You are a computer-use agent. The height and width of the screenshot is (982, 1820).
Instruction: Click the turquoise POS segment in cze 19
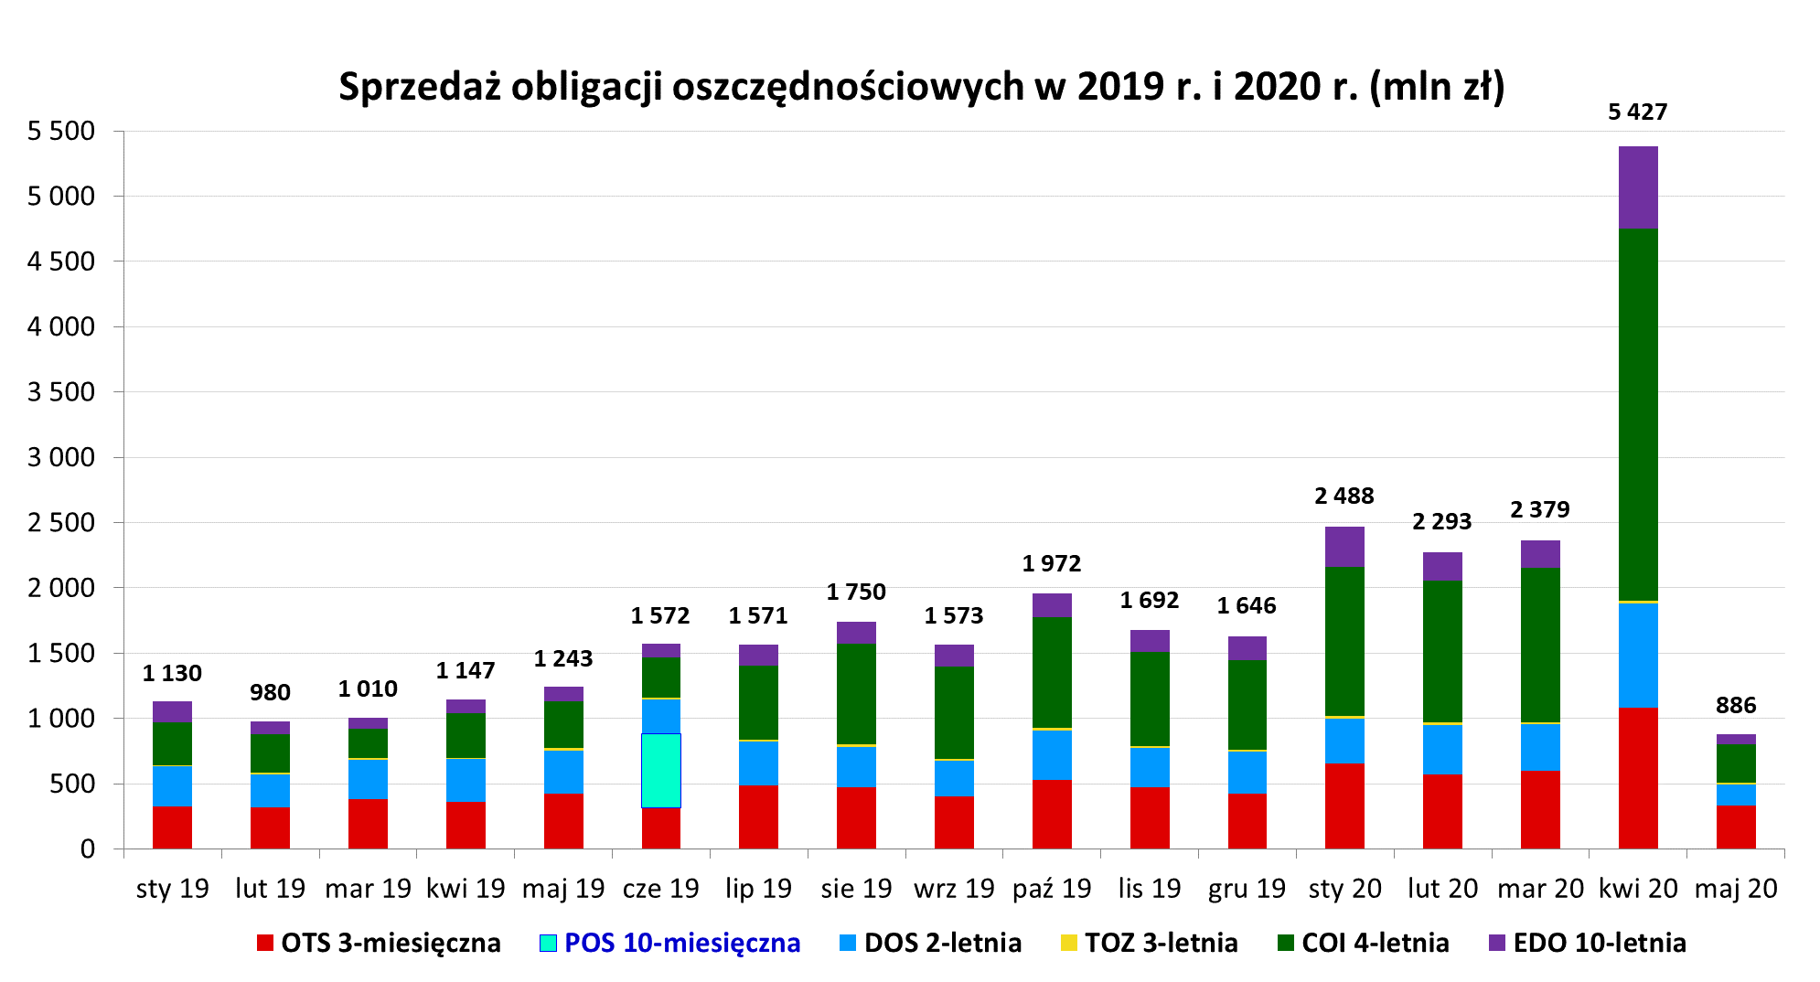click(x=660, y=770)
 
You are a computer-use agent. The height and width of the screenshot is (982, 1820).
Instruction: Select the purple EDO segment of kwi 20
click(x=1638, y=187)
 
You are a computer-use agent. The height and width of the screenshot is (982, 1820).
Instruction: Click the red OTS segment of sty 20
click(x=1344, y=806)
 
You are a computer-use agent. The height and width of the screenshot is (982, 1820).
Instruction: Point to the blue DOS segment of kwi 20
click(x=1638, y=655)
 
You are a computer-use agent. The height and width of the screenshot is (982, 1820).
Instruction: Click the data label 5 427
click(x=1637, y=112)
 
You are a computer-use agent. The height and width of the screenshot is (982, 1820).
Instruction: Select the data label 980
click(x=270, y=692)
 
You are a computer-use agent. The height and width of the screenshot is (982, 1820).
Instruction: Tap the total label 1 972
click(x=1051, y=563)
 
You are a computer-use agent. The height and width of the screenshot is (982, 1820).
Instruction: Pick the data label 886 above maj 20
click(x=1735, y=705)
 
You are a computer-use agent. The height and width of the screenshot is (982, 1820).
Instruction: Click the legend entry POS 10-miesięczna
click(x=681, y=943)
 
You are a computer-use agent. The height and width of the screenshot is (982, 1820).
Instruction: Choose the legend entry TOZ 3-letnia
click(x=1161, y=943)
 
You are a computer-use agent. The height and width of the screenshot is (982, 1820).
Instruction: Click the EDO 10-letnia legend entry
click(x=1599, y=943)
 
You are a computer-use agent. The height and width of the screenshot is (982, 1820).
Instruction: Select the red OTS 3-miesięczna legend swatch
click(x=265, y=943)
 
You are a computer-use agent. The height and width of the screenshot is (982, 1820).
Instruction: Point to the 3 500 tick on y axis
click(x=61, y=391)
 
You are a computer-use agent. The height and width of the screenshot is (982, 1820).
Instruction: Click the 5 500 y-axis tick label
click(x=61, y=131)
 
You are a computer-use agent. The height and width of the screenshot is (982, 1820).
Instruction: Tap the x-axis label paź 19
click(x=1051, y=888)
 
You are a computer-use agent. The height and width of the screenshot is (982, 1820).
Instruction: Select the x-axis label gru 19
click(x=1247, y=888)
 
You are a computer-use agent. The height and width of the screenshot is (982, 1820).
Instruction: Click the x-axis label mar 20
click(x=1540, y=888)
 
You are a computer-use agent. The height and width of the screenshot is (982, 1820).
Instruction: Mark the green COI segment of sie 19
click(x=856, y=693)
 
